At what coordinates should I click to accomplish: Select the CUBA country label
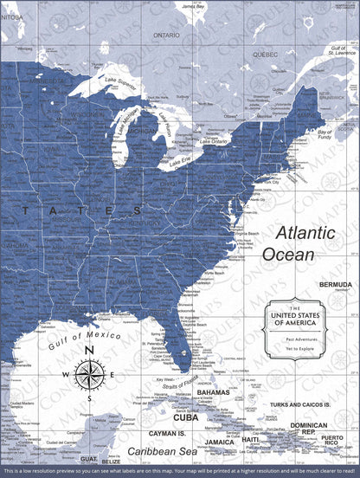click(x=186, y=417)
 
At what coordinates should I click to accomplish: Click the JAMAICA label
click(x=220, y=442)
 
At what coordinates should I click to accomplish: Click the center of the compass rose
click(x=89, y=374)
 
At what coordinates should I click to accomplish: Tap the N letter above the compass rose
click(x=89, y=350)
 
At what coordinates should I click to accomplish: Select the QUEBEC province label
click(x=264, y=53)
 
